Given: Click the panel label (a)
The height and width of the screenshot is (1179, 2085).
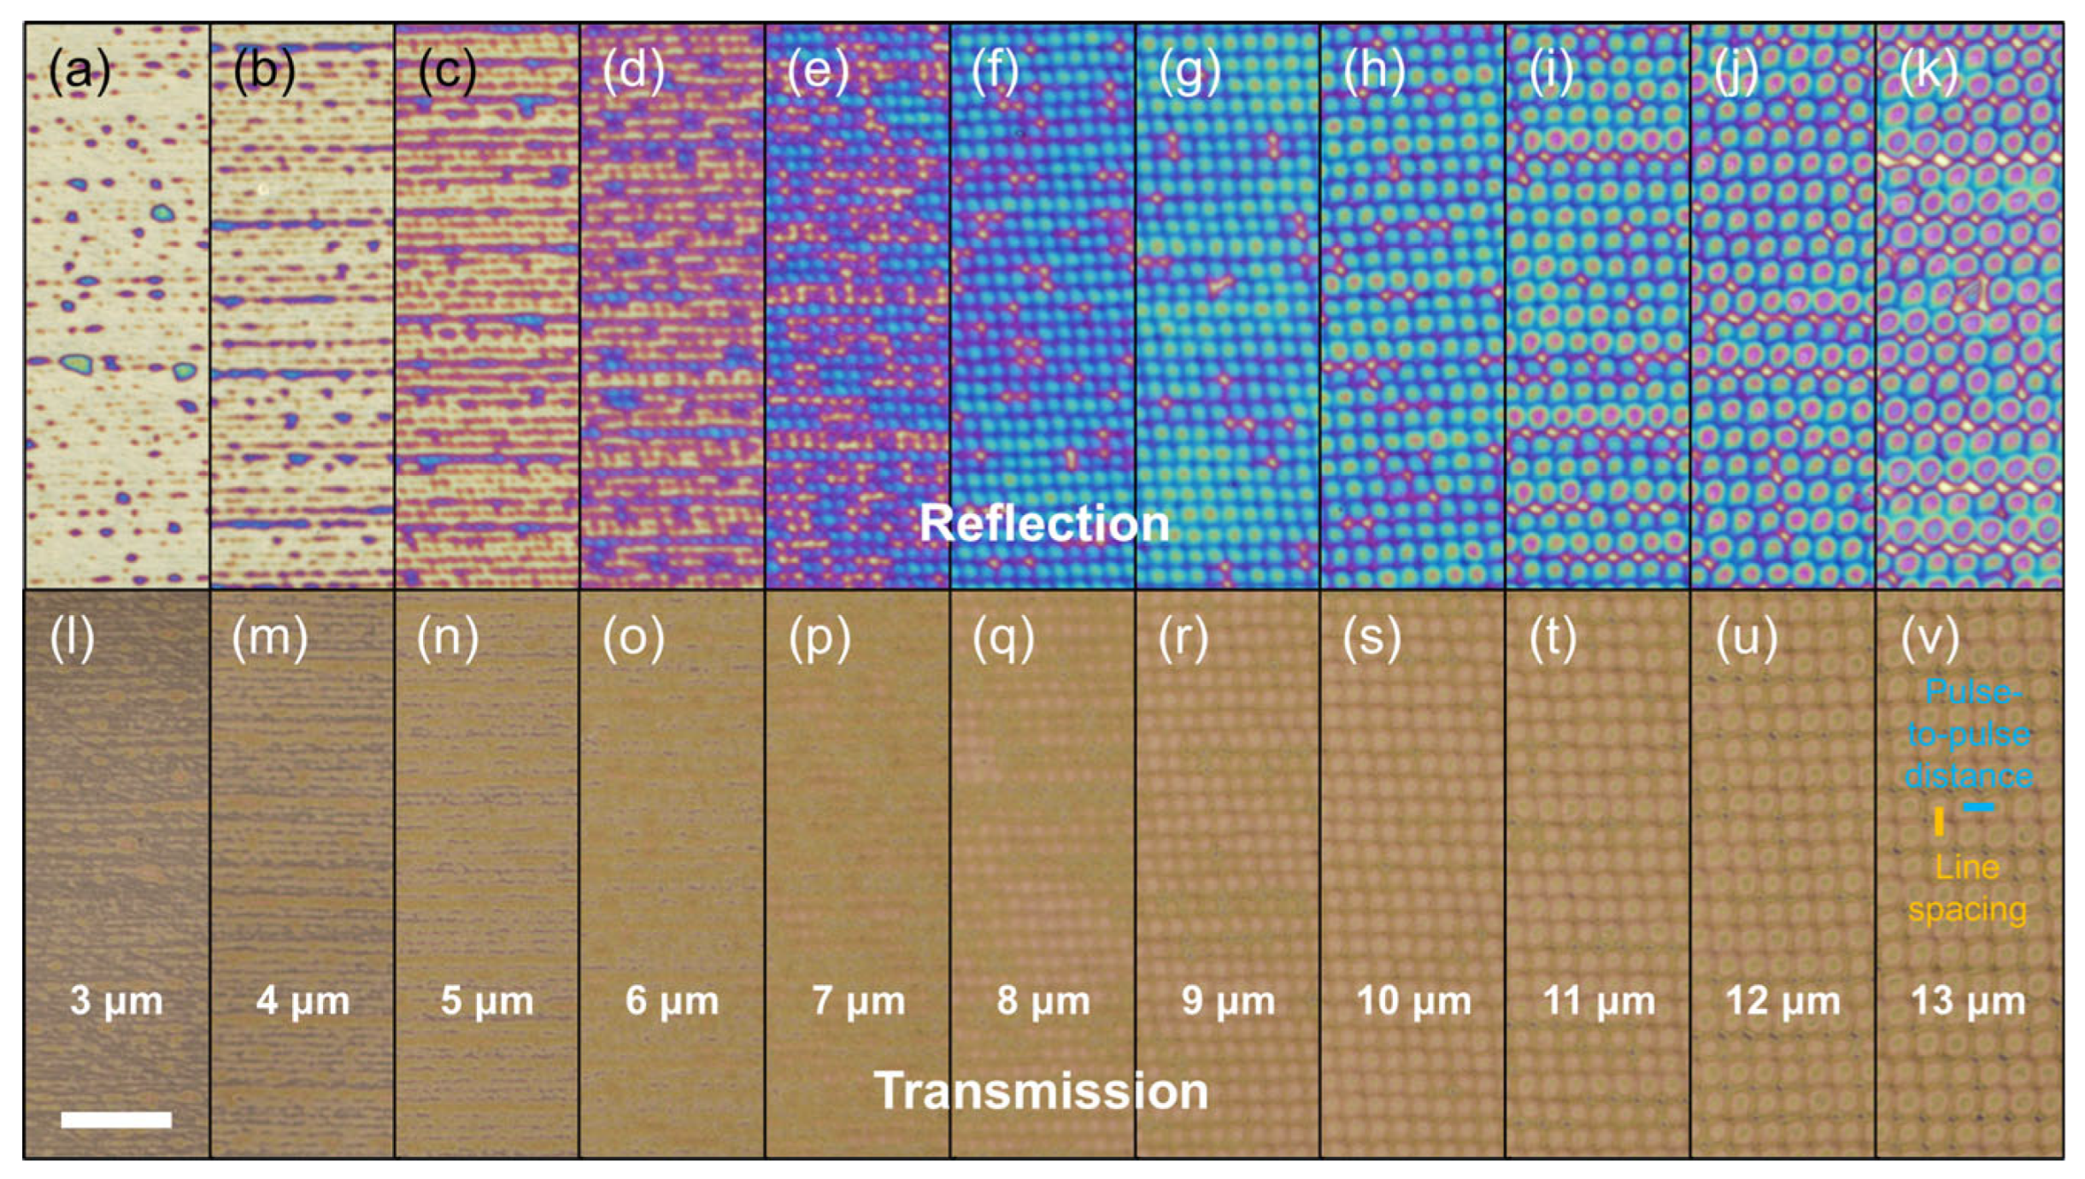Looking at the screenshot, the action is point(79,70).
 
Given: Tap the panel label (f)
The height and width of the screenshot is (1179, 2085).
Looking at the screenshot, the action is point(996,70).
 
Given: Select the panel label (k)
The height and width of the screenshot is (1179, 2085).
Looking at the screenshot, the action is point(1929,70).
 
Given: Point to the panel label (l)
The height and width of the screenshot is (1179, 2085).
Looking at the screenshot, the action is point(72,638).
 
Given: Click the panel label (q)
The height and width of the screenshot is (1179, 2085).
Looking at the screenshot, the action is point(1004,638).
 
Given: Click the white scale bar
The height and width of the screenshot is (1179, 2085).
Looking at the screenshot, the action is point(116,1119).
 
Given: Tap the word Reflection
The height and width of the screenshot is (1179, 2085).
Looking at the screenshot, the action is point(1044,523).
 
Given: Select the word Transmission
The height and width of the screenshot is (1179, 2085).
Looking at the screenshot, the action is point(1041,1091).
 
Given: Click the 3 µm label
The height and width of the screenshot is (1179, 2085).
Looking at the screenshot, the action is point(116,1000).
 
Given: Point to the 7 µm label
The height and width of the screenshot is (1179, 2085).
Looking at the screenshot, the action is point(858,1000).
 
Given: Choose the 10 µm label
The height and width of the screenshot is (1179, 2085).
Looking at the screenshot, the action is point(1414,1000).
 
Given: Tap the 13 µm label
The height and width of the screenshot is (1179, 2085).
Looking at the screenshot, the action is point(1968,1000).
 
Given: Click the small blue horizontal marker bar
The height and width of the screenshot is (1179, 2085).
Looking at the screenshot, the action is point(1979,807).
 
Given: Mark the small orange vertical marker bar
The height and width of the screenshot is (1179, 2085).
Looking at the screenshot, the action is point(1939,821).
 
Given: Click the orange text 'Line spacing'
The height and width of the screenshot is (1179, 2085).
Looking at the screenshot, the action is point(1967,888).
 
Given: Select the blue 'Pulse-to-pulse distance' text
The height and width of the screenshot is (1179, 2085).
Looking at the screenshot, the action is point(1969,734).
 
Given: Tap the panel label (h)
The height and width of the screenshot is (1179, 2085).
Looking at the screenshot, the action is point(1374,70).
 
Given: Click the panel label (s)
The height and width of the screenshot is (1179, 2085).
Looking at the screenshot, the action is point(1371,638).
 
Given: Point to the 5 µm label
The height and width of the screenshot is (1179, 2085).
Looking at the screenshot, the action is point(487,1000).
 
